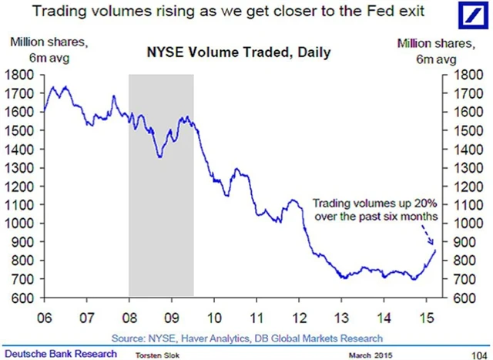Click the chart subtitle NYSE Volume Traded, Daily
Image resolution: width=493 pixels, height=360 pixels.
pos(236,53)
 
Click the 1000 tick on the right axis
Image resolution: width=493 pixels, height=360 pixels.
pos(459,224)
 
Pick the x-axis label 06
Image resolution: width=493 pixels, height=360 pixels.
pos(44,317)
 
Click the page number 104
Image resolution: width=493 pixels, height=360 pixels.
pos(478,353)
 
